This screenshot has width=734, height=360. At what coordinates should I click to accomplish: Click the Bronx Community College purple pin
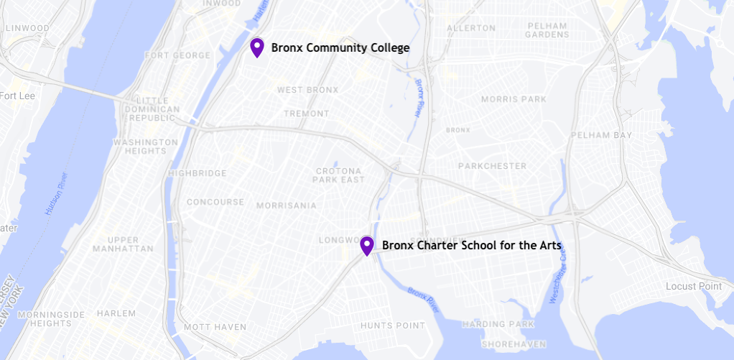click(x=256, y=47)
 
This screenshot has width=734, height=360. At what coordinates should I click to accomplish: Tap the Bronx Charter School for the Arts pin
click(x=367, y=246)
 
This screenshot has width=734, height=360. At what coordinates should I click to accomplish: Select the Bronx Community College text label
click(x=340, y=48)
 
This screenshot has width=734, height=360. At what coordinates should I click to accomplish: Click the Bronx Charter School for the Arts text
click(x=471, y=246)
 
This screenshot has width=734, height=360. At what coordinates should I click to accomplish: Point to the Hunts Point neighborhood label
click(x=391, y=326)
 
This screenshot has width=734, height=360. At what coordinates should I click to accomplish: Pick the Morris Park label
click(x=514, y=99)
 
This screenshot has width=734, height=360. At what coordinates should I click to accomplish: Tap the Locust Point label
click(x=693, y=286)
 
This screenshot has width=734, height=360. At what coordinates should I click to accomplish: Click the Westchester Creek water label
click(x=559, y=277)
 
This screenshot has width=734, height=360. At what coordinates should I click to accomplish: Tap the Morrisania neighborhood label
click(x=286, y=206)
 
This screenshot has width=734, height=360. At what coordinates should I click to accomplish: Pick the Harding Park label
click(x=498, y=325)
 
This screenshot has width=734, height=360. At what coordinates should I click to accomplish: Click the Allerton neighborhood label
click(x=471, y=28)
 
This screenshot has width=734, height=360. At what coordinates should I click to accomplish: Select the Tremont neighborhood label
click(x=306, y=114)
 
